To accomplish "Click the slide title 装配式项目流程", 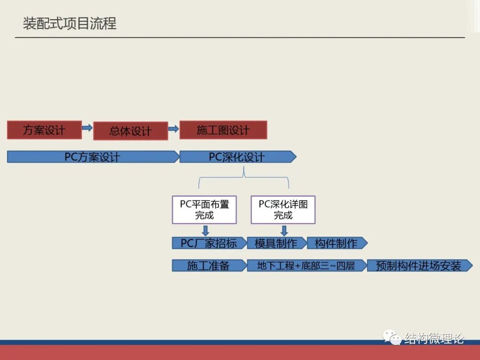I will tap(70, 23).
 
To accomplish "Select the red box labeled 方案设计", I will tap(44, 130).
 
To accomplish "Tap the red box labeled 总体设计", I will tap(131, 131).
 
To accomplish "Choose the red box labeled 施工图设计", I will tap(223, 130).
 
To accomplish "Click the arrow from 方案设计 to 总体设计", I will tap(88, 128).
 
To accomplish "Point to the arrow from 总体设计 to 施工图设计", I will tap(173, 129).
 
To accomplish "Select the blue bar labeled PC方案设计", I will tap(92, 157).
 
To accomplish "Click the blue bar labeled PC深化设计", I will tap(237, 157).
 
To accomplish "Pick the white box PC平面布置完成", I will tap(204, 210).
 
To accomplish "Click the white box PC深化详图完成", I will tap(283, 210).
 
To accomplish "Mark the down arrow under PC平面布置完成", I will tap(205, 230).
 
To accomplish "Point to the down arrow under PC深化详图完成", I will tap(284, 230).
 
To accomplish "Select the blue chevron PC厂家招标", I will tap(209, 243).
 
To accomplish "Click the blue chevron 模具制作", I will tap(276, 243).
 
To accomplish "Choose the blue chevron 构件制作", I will tap(336, 243).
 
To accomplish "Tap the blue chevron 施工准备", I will tap(208, 266).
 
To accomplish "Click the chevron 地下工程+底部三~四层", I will tap(306, 266).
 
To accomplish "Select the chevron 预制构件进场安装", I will tap(419, 266).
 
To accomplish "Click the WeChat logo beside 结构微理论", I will tap(393, 338).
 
